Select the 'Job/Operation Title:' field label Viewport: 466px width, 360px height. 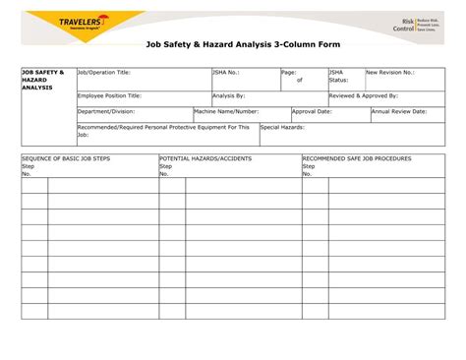[104, 73]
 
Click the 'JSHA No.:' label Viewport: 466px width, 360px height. [227, 73]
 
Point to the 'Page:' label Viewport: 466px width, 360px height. [289, 73]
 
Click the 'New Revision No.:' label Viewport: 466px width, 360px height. [390, 73]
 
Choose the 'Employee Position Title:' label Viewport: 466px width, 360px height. [110, 95]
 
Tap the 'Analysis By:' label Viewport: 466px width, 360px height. [229, 95]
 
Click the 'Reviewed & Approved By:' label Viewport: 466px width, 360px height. [364, 95]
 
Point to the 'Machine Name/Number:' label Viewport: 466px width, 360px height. [227, 112]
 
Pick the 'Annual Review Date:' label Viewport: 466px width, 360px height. [399, 112]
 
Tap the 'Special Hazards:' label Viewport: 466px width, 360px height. [283, 128]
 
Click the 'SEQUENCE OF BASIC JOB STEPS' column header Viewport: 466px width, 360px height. [66, 158]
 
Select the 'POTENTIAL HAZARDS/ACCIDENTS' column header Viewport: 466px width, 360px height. [205, 158]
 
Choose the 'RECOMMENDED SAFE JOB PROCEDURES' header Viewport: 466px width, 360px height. [357, 158]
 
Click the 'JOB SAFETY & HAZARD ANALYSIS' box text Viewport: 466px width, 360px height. [43, 81]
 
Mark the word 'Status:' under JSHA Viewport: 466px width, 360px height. [338, 81]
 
